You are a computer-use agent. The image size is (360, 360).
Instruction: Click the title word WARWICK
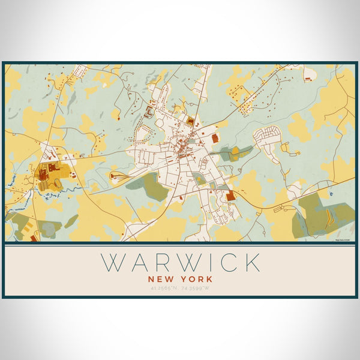181,263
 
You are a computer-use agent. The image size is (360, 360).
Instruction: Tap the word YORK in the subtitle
196,278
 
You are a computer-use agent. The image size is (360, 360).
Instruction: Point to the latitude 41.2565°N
161,289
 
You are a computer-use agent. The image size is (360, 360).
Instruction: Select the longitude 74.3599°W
199,289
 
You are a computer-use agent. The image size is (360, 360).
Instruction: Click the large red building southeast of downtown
231,196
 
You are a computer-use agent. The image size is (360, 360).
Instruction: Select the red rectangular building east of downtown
215,139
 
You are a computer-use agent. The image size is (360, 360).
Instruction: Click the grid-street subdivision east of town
266,139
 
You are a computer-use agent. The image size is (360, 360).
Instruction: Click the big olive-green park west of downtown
148,188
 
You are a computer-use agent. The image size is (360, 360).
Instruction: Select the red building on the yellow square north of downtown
191,122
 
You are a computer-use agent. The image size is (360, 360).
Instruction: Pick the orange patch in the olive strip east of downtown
236,151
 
